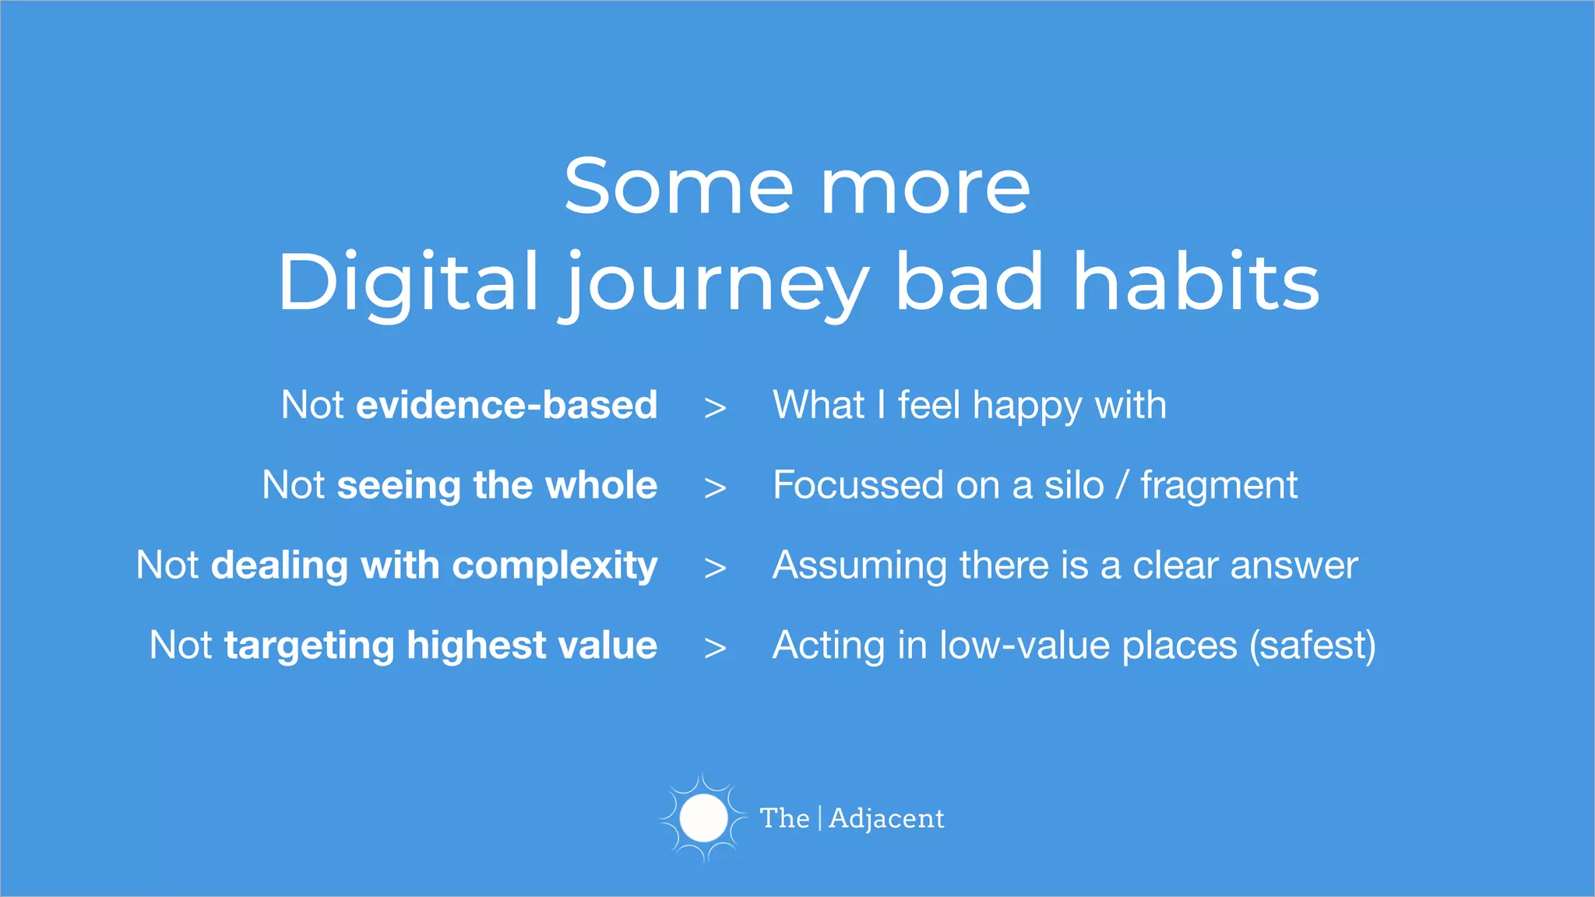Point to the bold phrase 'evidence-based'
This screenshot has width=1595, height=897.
(507, 405)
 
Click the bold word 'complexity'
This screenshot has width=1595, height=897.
(555, 566)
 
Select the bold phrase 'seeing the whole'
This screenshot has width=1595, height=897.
(497, 485)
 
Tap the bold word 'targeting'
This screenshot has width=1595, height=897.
(309, 646)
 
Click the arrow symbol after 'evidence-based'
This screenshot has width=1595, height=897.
(715, 408)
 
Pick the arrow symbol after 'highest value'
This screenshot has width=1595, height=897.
(715, 648)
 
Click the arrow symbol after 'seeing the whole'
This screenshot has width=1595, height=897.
(715, 488)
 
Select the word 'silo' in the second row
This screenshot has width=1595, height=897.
(1074, 485)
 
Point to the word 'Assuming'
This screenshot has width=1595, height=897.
(860, 566)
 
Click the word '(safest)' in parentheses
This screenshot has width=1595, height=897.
(1312, 646)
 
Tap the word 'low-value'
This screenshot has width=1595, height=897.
(1024, 645)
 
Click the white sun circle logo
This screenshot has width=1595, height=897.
(703, 818)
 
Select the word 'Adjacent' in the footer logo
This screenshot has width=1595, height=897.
(886, 818)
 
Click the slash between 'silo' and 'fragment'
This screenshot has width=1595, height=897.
(1121, 486)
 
